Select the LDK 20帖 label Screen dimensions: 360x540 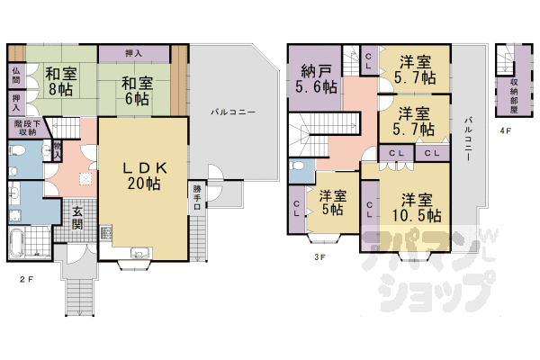coord(145,174)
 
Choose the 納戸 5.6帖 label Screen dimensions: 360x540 coord(314,80)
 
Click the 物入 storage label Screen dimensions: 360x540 coord(58,150)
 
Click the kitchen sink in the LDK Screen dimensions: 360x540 coord(140,252)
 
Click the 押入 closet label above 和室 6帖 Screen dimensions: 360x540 coord(136,53)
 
